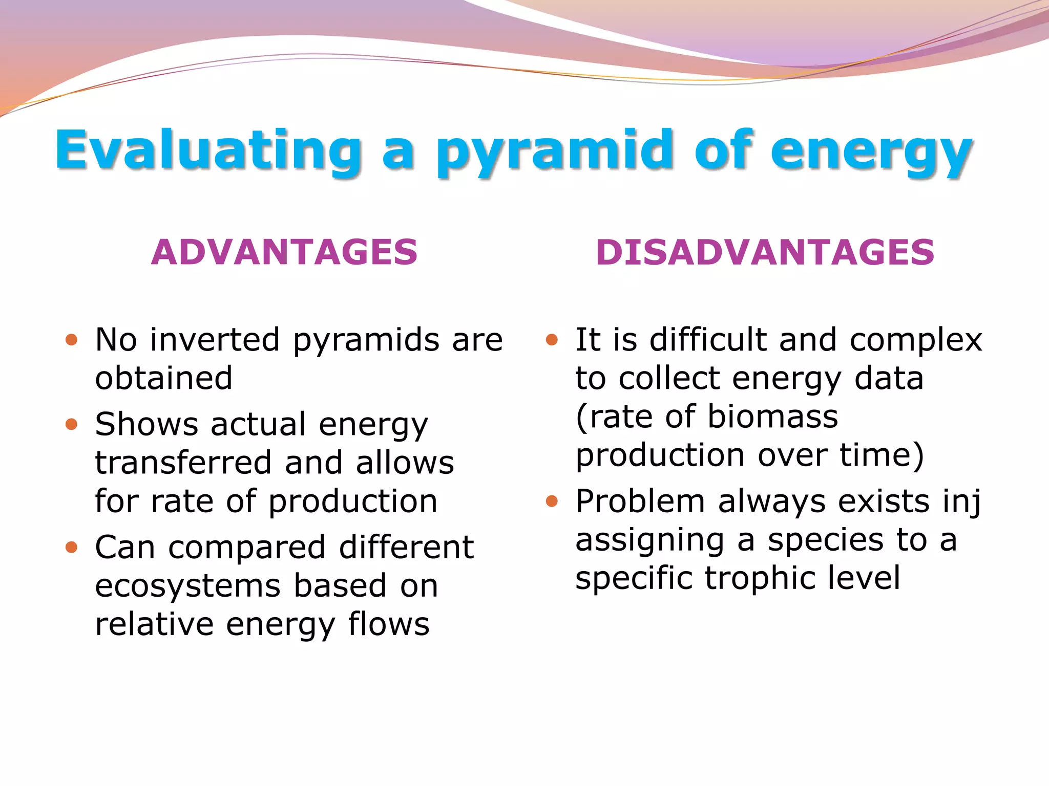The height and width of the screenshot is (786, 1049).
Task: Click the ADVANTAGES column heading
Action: [x=284, y=252]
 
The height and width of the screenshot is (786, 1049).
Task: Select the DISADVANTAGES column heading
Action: [x=765, y=252]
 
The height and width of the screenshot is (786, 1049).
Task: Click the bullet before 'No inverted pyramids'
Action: [x=72, y=340]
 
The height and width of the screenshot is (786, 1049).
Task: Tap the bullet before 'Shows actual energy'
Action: [x=72, y=424]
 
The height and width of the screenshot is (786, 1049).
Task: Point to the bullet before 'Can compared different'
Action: [x=72, y=548]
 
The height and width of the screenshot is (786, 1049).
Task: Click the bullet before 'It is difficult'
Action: [x=552, y=340]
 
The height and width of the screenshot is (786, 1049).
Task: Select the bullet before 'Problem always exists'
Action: [x=552, y=501]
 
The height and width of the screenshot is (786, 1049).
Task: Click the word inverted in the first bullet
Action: [x=215, y=340]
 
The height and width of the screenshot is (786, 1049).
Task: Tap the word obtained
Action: [x=164, y=378]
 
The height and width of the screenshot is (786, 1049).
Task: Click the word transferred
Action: [x=183, y=463]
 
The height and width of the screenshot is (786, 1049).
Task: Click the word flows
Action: [x=389, y=624]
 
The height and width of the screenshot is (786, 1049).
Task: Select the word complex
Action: [x=916, y=340]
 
